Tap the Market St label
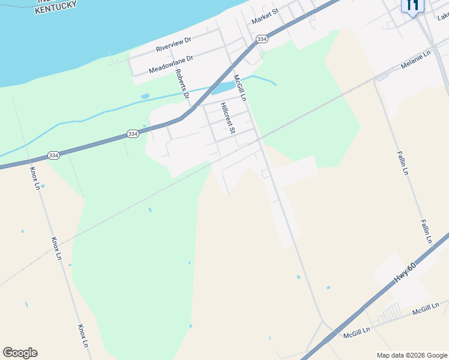coord(265,16)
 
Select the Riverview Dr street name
coord(173,44)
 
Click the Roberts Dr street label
coord(182,83)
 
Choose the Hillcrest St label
coord(228,117)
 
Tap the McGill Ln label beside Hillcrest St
coord(240,88)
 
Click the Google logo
coord(20,353)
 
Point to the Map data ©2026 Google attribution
coord(412,355)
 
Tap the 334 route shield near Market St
coord(261,39)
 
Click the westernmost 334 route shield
coord(53,155)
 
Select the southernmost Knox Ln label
coord(82,337)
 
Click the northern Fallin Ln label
coord(402,163)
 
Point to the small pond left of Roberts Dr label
coord(145,96)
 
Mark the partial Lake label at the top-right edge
coord(442,17)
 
